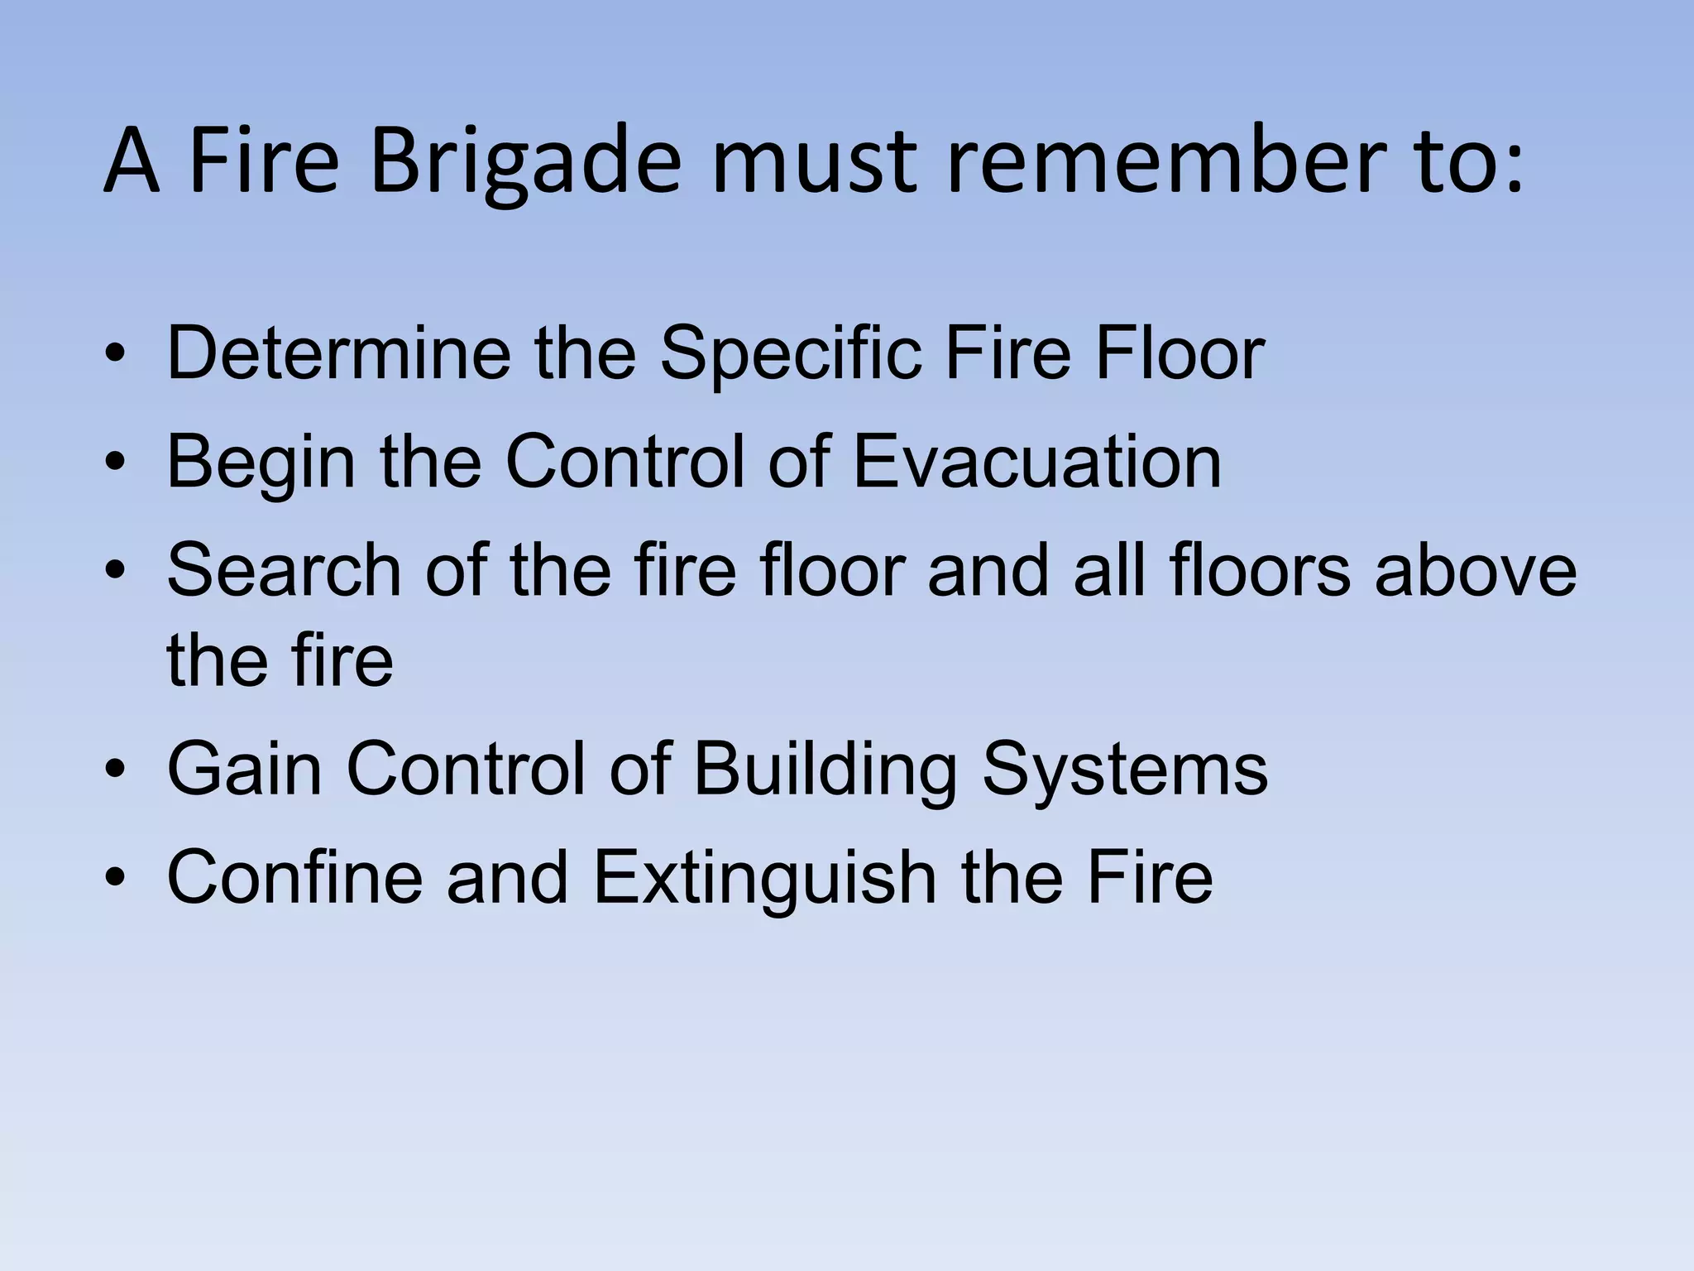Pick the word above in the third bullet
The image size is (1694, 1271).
(x=1476, y=570)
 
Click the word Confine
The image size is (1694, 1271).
(x=294, y=877)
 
